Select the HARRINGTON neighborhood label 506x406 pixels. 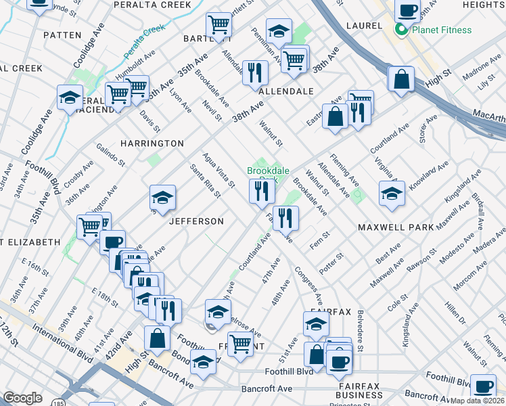coord(152,143)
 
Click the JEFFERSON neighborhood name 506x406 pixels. coord(196,221)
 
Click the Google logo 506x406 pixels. coord(22,398)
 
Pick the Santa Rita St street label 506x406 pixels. coord(205,181)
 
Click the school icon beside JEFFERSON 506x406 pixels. coord(162,198)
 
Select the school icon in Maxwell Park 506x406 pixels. coord(392,194)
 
